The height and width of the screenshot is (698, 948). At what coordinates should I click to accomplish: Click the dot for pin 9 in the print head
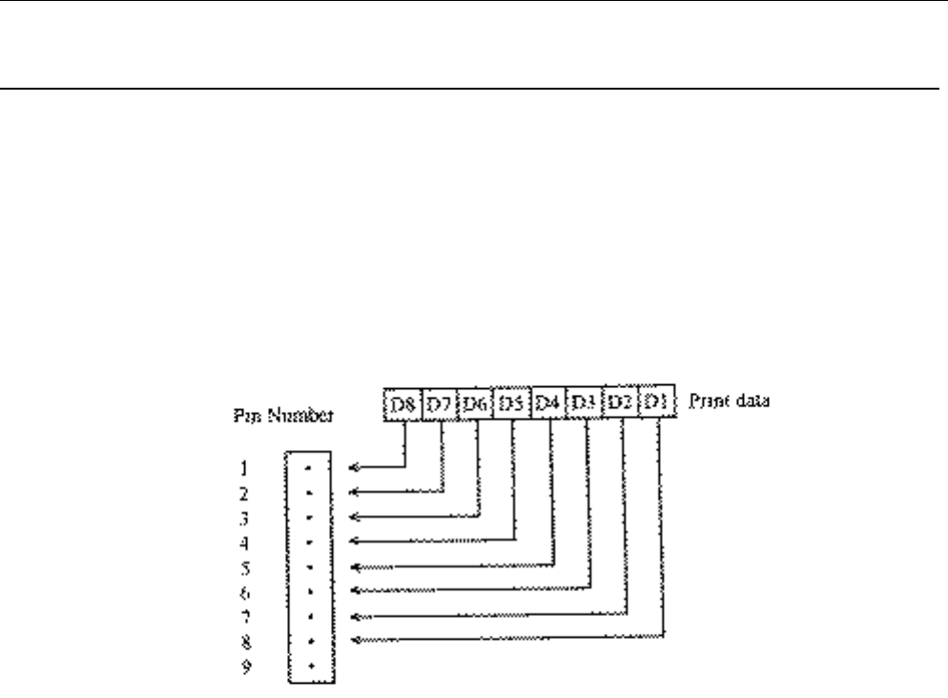tap(310, 664)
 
